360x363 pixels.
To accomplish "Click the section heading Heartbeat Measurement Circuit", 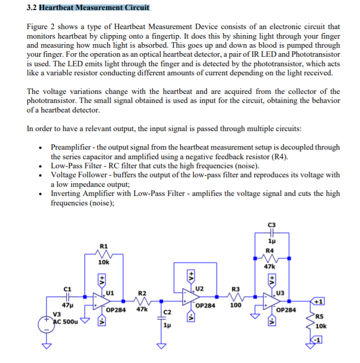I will coord(94,8).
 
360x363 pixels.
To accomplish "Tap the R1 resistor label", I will coord(103,246).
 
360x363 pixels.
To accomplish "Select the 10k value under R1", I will coord(104,262).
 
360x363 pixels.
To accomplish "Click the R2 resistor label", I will coord(142,293).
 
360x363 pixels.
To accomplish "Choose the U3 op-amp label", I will coord(281,293).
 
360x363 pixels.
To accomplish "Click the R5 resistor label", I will coord(320,316).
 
